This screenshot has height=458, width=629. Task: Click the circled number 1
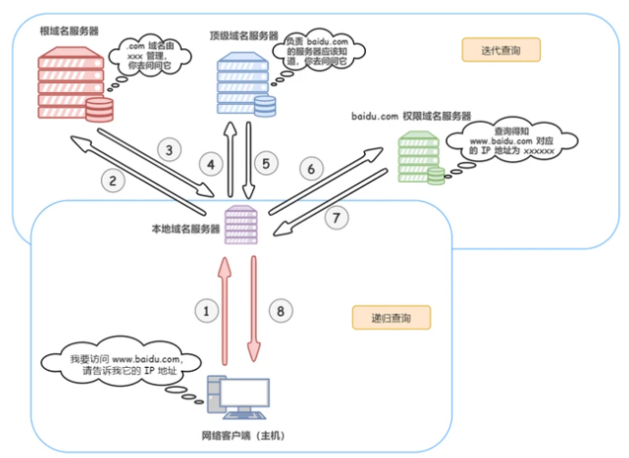pos(208,310)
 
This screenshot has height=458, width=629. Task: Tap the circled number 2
pos(113,180)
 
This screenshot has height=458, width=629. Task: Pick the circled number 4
pos(211,165)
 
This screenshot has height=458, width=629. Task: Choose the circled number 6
pos(310,169)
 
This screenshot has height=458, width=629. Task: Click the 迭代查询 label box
pos(500,49)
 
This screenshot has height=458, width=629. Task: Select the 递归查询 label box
pos(390,318)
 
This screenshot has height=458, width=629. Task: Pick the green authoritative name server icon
pos(421,158)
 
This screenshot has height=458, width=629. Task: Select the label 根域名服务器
pos(68,30)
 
